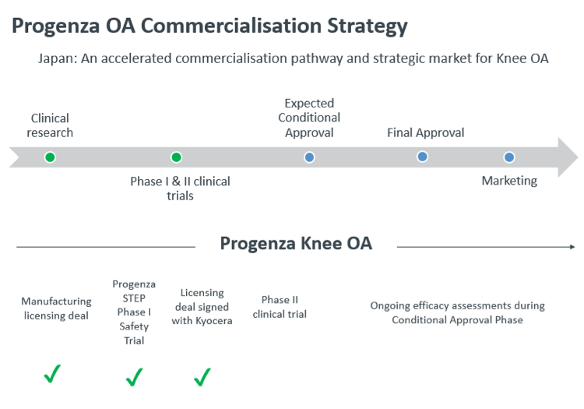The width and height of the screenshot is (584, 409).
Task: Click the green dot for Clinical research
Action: (x=50, y=157)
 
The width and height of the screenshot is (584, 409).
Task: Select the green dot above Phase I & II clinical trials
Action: (x=176, y=157)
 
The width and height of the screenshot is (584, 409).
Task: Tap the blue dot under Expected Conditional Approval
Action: (x=309, y=157)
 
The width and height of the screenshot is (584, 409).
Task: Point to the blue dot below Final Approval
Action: (x=422, y=157)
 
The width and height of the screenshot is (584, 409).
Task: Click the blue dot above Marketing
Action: (x=509, y=157)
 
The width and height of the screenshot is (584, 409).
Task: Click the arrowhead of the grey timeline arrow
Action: (x=568, y=157)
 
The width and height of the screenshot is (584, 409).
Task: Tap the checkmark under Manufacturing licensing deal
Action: (x=52, y=374)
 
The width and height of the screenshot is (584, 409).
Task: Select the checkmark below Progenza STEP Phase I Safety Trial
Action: (x=134, y=377)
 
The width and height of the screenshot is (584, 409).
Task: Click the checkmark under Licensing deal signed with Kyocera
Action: (x=202, y=377)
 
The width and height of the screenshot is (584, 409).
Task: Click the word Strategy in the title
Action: (x=368, y=26)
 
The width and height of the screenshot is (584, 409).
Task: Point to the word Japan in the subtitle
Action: (x=57, y=58)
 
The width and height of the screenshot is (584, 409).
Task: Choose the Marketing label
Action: (x=509, y=181)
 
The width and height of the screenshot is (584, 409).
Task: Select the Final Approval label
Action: (x=425, y=132)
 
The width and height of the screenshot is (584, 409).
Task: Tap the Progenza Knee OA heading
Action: (x=296, y=243)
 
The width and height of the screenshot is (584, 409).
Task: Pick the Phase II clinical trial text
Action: (x=280, y=307)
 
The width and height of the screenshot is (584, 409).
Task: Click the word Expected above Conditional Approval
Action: (x=309, y=103)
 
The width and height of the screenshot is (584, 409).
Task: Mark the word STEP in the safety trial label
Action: (x=134, y=298)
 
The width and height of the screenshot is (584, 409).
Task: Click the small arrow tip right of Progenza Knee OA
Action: (x=573, y=247)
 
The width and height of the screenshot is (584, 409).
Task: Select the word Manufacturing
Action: (x=56, y=301)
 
